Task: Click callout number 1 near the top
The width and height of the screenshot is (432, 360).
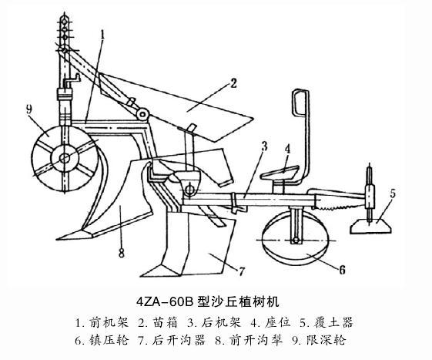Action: [x=102, y=35]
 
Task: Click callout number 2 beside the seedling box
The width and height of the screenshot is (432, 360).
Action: [x=233, y=83]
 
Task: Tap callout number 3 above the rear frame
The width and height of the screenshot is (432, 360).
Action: [x=264, y=146]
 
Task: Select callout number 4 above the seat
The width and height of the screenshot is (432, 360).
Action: [x=287, y=150]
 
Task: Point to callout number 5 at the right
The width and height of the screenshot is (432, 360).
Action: [x=392, y=193]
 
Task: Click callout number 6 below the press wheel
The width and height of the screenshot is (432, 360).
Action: [x=342, y=270]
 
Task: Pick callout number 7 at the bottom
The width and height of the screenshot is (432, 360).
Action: [x=241, y=271]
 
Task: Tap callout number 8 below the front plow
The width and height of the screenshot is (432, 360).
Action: [x=121, y=253]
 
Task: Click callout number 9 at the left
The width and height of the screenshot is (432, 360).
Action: [x=29, y=109]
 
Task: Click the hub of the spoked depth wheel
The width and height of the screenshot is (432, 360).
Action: [x=65, y=158]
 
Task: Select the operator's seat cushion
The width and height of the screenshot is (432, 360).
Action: [x=280, y=172]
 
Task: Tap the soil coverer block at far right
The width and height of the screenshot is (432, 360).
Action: [x=371, y=226]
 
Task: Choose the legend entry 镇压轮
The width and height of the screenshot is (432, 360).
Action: [x=109, y=341]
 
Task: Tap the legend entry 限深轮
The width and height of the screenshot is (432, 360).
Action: [x=327, y=341]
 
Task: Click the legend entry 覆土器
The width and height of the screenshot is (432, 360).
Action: [x=333, y=323]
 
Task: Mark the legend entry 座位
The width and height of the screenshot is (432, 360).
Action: [x=278, y=323]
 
